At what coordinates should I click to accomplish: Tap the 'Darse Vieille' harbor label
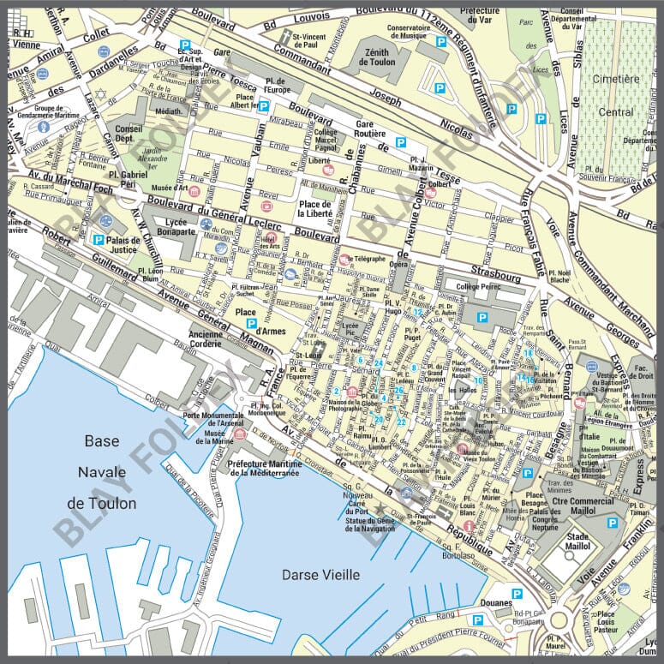(320, 575)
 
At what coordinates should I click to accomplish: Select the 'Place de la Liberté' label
(314, 207)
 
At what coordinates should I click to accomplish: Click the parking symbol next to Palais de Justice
(99, 239)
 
